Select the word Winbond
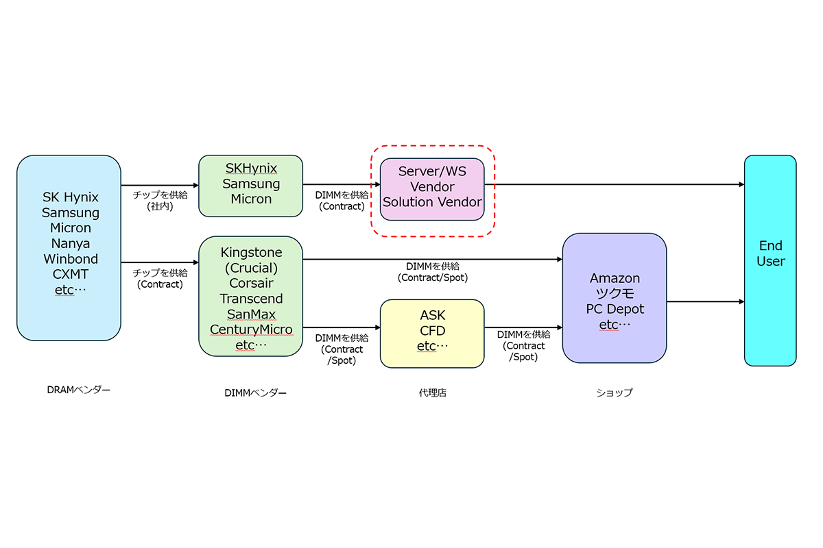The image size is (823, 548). tap(71, 259)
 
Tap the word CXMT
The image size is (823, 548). tap(71, 274)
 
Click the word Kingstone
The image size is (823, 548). tap(251, 253)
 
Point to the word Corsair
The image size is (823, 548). tap(251, 283)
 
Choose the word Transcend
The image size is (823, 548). tap(251, 299)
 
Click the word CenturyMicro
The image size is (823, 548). tap(251, 329)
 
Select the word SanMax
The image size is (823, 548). tap(251, 314)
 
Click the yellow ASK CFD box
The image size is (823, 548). tap(432, 332)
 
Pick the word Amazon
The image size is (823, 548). tap(615, 278)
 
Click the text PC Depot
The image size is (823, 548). tap(615, 309)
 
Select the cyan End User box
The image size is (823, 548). tap(770, 260)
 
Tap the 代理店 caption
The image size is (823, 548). tap(432, 393)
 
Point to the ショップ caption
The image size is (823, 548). tap(614, 393)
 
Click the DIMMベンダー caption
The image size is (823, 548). tap(255, 393)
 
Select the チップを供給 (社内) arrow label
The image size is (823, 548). tap(160, 200)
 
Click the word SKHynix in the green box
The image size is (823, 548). tap(251, 169)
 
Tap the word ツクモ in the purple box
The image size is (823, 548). tap(615, 294)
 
